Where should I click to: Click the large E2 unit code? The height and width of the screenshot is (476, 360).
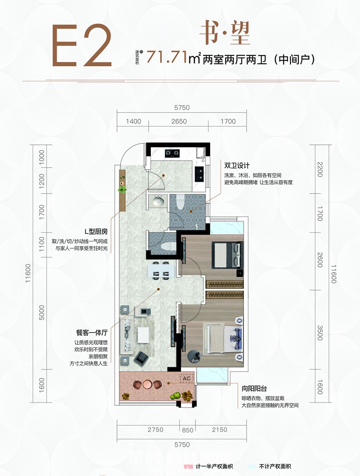(x=82, y=46)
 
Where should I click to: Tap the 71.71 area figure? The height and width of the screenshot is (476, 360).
(x=167, y=57)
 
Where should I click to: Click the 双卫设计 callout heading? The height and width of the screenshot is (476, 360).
(x=237, y=165)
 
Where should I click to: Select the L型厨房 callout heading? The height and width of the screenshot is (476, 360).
(x=96, y=232)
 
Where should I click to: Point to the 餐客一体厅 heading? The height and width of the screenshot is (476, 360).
(x=91, y=333)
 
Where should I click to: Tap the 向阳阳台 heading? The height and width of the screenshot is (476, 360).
(x=254, y=388)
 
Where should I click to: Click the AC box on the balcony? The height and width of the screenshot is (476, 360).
(x=186, y=378)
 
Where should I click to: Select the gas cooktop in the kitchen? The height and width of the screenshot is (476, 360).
(x=172, y=153)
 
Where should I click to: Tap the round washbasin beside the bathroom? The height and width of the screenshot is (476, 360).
(x=158, y=201)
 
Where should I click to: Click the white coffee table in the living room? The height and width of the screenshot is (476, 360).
(x=143, y=335)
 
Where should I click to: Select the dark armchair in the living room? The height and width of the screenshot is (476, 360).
(x=141, y=358)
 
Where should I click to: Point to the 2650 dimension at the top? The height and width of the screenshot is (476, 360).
(x=179, y=121)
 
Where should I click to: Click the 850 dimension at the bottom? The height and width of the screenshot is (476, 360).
(x=188, y=430)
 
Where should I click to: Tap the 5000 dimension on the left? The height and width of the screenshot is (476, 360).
(x=42, y=312)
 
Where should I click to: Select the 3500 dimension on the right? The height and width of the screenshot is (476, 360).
(x=320, y=333)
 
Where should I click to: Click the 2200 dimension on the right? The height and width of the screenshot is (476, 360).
(x=320, y=169)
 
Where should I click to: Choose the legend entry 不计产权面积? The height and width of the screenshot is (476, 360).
(x=275, y=466)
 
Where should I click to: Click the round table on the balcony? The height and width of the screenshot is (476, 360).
(x=147, y=384)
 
